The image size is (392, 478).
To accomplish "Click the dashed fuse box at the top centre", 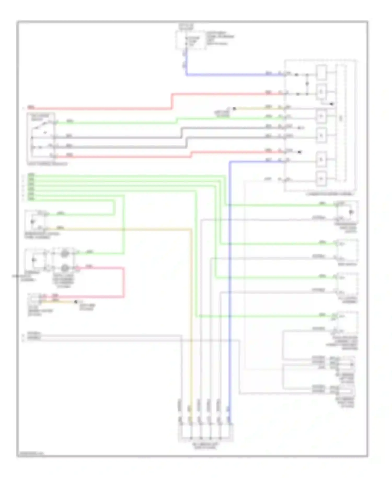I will tap(191, 40).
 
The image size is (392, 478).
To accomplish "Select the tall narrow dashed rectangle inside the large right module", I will tap(341, 122).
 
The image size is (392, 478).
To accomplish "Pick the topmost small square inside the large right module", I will tap(321, 72).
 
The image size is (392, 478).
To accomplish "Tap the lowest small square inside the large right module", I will tap(321, 179).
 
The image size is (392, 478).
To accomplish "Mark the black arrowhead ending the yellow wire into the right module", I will tap(234, 109).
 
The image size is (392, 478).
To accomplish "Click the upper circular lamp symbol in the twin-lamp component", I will tap(65, 253).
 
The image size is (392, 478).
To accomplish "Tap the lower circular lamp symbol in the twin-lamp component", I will tap(65, 268).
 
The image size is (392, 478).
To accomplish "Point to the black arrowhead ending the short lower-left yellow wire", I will tap(76, 302).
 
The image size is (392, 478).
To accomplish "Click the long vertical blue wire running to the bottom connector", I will tap(230, 288).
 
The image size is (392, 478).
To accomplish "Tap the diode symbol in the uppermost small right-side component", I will tap(351, 212).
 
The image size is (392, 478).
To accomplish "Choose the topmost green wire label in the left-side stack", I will tap(31, 174).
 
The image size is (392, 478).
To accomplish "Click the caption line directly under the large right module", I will tap(330, 194).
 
